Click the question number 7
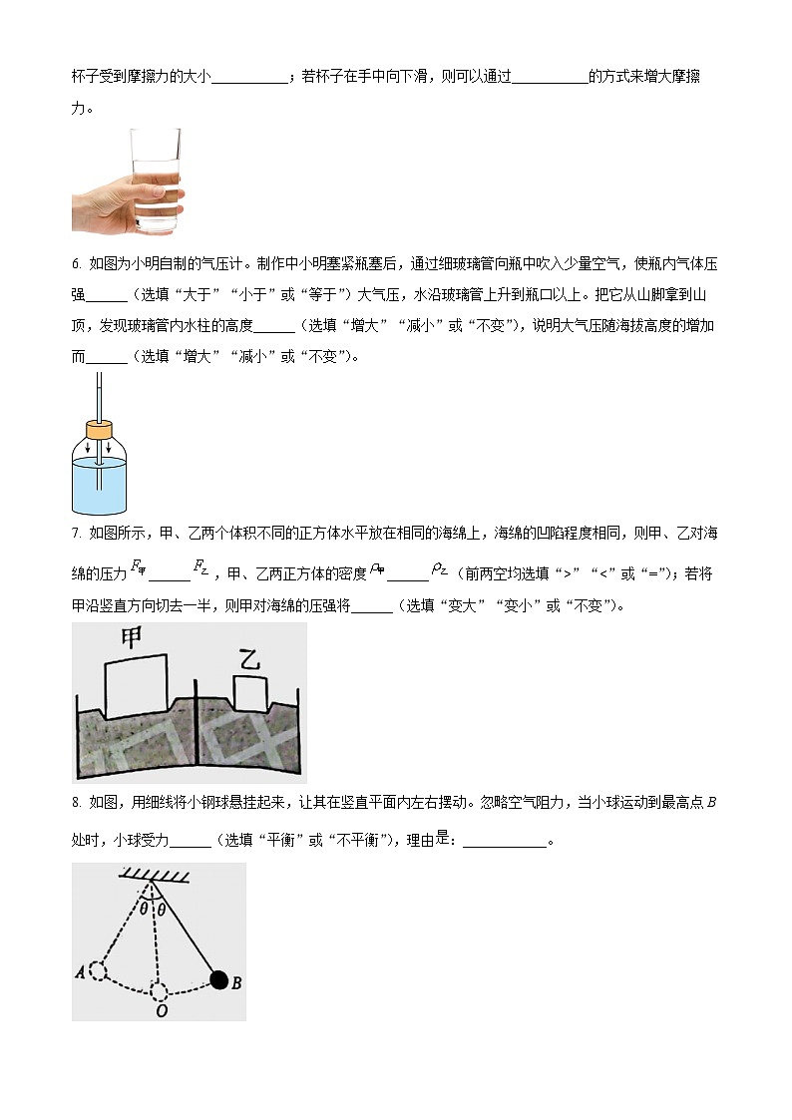[76, 535]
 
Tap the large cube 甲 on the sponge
[135, 685]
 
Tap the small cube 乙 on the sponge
[249, 692]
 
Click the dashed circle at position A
[98, 970]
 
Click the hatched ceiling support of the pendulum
[157, 876]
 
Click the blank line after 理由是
[505, 841]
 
